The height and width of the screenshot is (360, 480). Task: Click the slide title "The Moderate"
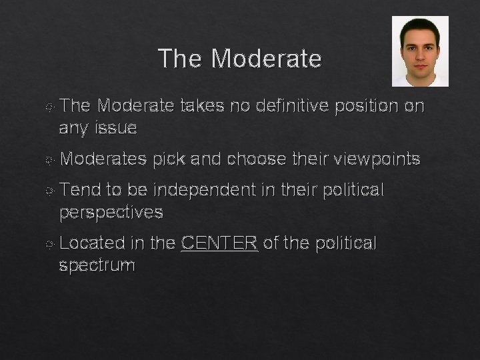pyautogui.click(x=240, y=59)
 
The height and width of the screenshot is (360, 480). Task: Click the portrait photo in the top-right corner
pyautogui.click(x=419, y=51)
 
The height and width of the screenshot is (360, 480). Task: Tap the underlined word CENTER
pyautogui.click(x=219, y=244)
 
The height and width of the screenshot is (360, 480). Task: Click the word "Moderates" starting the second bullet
pyautogui.click(x=103, y=159)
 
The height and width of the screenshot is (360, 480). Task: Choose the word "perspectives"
pyautogui.click(x=111, y=213)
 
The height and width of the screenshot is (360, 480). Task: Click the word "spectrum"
pyautogui.click(x=97, y=266)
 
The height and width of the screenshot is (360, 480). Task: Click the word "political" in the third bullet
pyautogui.click(x=353, y=191)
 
